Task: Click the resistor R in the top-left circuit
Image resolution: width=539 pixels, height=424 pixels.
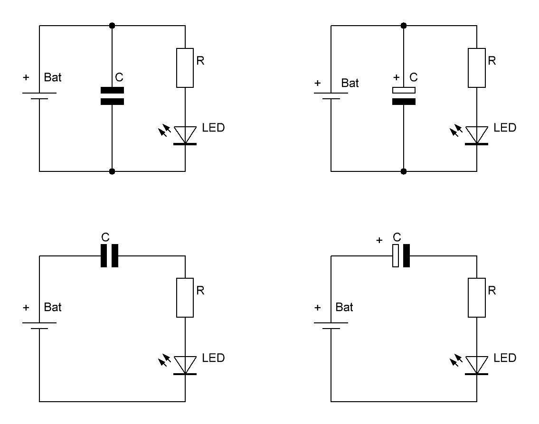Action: pos(185,67)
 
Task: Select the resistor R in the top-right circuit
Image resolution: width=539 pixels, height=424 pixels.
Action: pos(477,67)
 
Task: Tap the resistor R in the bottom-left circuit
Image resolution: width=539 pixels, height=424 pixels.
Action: pos(185,298)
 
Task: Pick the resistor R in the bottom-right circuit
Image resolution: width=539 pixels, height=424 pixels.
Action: pos(477,298)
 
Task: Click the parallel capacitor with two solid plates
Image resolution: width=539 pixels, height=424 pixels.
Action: pos(112,95)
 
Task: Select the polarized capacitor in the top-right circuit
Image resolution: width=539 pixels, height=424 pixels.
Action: pos(404,95)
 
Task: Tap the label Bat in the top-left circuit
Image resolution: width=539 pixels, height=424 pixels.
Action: pos(53,77)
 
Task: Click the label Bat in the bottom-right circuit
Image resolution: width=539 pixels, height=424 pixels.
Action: pos(344,307)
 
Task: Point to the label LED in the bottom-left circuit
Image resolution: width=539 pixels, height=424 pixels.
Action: pos(213,358)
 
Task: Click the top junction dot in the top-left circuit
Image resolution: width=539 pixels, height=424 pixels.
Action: pos(112,25)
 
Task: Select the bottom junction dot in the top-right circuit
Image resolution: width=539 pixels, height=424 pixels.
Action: pos(404,171)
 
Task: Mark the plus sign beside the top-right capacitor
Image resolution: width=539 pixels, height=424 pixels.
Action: pos(397,77)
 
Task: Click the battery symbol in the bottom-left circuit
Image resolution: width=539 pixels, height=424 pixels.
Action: pos(39,325)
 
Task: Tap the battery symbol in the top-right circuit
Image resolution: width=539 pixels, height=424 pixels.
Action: pos(331,95)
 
